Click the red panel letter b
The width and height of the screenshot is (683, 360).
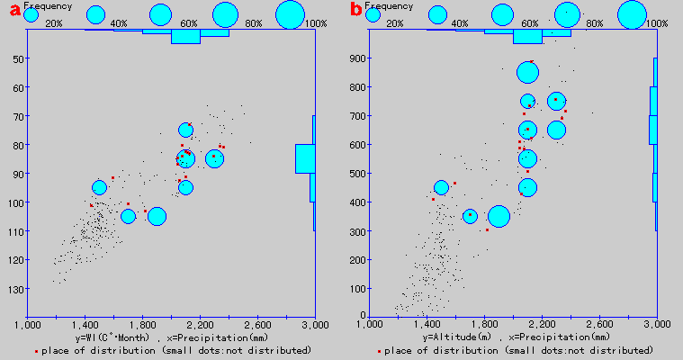pos(355,11)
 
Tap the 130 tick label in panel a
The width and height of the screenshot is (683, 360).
pos(15,289)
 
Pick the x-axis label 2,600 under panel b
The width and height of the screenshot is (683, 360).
pos(598,323)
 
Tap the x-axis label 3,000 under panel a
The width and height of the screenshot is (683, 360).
pos(314,323)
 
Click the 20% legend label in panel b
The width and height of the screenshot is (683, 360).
pos(394,22)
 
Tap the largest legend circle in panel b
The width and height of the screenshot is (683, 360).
pos(633,14)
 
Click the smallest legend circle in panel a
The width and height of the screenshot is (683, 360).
pos(31,14)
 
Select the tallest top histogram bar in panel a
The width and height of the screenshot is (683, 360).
pos(185,37)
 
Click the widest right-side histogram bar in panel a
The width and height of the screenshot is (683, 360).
pos(305,158)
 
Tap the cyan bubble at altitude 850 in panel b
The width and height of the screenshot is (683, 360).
pos(527,73)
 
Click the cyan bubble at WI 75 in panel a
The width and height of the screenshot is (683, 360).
pos(186,130)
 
